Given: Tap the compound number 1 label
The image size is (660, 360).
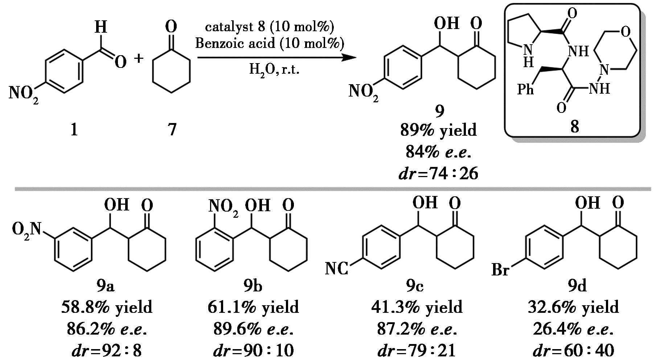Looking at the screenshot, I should pyautogui.click(x=74, y=129).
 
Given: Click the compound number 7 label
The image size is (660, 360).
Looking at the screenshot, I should pyautogui.click(x=172, y=129).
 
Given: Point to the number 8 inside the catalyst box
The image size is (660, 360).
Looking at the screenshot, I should pyautogui.click(x=574, y=127).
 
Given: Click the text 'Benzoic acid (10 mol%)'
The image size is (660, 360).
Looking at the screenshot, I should pyautogui.click(x=269, y=44).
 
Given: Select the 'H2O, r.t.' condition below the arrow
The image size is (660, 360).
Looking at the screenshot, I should pyautogui.click(x=274, y=69).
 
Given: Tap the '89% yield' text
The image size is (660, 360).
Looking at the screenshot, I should pyautogui.click(x=438, y=130).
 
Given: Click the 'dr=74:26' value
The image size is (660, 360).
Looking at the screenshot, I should pyautogui.click(x=438, y=174).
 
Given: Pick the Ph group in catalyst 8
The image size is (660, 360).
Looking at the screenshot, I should pyautogui.click(x=525, y=89).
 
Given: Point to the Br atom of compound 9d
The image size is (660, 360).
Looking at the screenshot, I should pyautogui.click(x=500, y=270).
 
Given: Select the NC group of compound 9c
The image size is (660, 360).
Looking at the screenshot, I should pyautogui.click(x=336, y=269).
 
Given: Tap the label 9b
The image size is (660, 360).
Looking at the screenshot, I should pyautogui.click(x=253, y=286).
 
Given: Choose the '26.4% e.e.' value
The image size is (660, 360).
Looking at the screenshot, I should pyautogui.click(x=573, y=330).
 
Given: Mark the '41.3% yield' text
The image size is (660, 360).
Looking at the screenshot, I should pyautogui.click(x=417, y=307).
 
